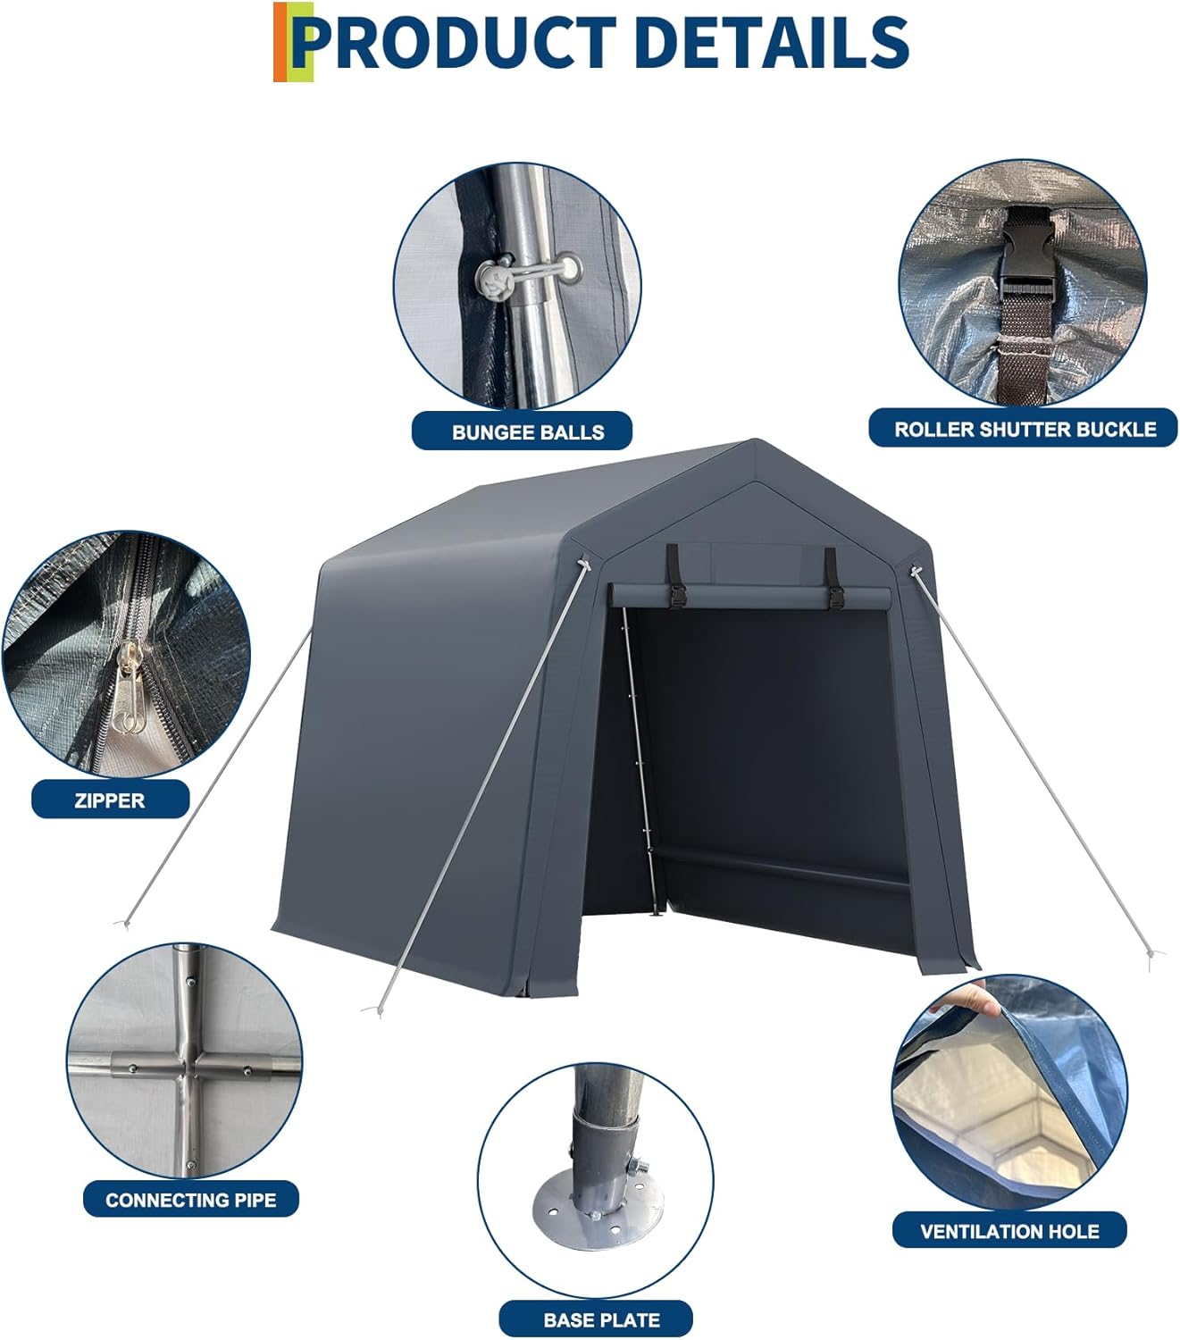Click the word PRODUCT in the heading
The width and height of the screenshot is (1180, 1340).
pyautogui.click(x=456, y=42)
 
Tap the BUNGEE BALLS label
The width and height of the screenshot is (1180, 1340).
pyautogui.click(x=527, y=431)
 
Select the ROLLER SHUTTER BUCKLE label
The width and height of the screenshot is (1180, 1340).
pyautogui.click(x=1025, y=429)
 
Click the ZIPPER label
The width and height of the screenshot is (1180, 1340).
pyautogui.click(x=109, y=800)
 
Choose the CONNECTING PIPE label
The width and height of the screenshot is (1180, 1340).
pyautogui.click(x=190, y=1200)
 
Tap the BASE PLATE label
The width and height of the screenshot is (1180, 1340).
pyautogui.click(x=600, y=1319)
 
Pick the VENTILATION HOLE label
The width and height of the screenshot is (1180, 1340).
pyautogui.click(x=1008, y=1231)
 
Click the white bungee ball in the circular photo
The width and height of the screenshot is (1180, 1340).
pyautogui.click(x=493, y=281)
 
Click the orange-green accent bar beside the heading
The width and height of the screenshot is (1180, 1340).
pyautogui.click(x=292, y=42)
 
